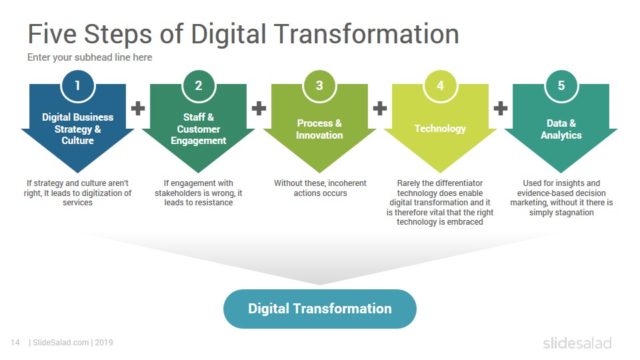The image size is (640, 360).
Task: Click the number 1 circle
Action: coord(77,85)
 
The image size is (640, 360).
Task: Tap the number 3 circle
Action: coord(319,85)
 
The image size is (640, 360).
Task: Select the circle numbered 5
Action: coord(561,85)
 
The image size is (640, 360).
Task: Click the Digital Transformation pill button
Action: coord(319,309)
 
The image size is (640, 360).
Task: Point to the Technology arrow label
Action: coord(440,129)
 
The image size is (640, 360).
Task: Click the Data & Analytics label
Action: coord(561,129)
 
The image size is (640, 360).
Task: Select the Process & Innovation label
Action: coord(319,129)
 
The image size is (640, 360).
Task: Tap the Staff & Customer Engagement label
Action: coord(199,129)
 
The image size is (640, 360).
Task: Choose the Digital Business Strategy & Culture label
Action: coord(77,129)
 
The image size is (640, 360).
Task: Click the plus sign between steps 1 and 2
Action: coord(138,108)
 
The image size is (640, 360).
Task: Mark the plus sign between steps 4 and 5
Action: coord(501,108)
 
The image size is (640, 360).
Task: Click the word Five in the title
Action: coord(52,33)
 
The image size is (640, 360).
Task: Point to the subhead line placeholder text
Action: coord(90,57)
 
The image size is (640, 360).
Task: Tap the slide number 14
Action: coord(15,343)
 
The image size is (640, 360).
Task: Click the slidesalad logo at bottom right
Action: coord(577,343)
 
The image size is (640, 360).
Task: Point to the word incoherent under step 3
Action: coord(347,183)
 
